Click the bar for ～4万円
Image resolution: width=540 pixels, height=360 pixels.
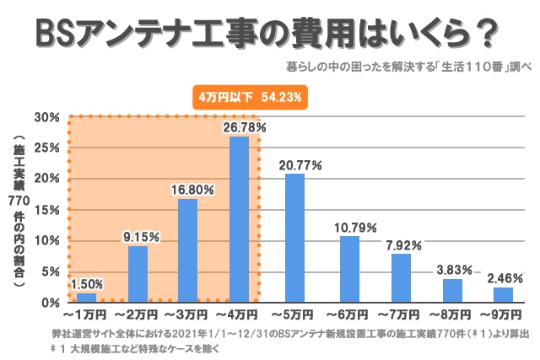(239, 219)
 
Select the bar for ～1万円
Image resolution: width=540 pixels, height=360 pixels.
(86, 297)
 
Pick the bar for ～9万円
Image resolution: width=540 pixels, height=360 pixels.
(503, 294)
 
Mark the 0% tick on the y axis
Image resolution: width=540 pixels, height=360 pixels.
(49, 302)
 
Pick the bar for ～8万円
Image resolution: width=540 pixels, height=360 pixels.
(452, 290)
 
